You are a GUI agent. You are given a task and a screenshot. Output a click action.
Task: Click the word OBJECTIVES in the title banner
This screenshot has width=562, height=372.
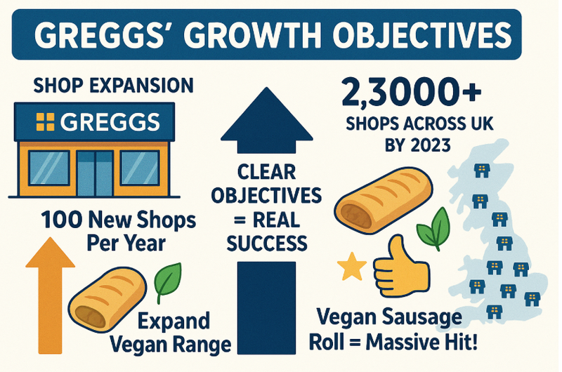click(x=421, y=34)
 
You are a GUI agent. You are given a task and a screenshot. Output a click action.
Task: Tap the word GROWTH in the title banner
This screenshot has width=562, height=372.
click(x=254, y=34)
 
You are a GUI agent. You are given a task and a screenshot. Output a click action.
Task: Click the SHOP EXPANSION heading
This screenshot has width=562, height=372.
click(x=113, y=86)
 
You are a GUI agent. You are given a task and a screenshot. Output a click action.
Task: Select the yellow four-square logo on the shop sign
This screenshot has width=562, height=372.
click(x=46, y=121)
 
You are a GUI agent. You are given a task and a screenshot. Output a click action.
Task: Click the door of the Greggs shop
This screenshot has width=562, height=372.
click(x=95, y=173)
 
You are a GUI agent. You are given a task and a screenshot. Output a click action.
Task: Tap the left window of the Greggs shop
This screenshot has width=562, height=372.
click(x=49, y=168)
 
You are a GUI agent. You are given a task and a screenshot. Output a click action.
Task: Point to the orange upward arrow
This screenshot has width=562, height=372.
click(x=50, y=295)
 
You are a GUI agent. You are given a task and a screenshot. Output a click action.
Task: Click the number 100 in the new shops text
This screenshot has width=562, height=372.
click(x=61, y=220)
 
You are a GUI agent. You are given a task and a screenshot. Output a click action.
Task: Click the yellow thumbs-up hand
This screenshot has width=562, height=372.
click(x=401, y=268)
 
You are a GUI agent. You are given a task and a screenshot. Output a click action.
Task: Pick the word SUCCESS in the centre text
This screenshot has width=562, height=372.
click(x=267, y=244)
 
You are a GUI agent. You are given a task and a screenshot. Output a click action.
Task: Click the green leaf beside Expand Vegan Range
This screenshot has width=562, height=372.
click(x=167, y=281)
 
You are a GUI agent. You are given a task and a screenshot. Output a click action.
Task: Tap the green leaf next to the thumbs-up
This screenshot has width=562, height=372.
click(x=433, y=228)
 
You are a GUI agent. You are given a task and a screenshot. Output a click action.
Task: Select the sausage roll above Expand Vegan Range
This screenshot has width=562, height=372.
click(x=107, y=299)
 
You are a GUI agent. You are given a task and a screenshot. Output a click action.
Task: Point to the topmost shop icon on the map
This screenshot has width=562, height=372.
click(x=481, y=171)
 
